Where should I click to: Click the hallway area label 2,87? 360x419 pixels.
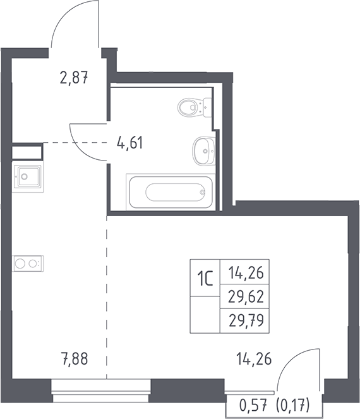[x=74, y=78]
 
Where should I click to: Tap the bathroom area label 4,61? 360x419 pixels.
[x=130, y=142]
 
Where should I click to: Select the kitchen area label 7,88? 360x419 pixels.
[x=75, y=358]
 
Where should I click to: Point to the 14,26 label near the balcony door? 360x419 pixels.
[x=254, y=358]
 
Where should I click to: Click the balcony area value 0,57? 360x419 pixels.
[x=253, y=405]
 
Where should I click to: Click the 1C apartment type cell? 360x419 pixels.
[x=205, y=277]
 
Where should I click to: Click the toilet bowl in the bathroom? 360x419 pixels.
[x=195, y=107]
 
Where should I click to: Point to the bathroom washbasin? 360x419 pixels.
[x=204, y=151]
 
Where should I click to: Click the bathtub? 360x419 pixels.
[x=171, y=192]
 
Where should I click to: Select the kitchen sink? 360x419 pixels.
[x=28, y=176]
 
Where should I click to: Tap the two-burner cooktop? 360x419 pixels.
[x=28, y=264]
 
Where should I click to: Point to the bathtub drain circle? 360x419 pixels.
[x=203, y=192]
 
